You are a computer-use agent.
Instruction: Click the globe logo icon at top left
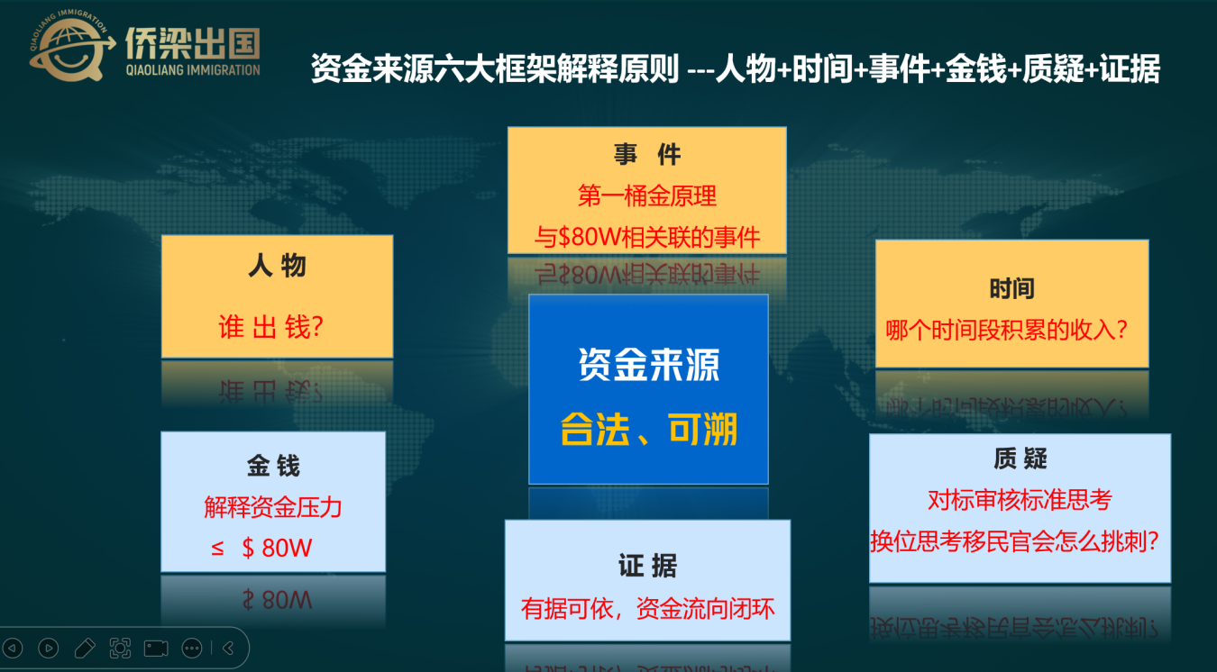70,48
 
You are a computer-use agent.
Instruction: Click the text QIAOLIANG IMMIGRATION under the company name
193,70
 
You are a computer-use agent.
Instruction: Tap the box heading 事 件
647,155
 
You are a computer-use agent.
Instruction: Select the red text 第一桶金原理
646,195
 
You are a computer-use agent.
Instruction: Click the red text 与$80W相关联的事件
646,237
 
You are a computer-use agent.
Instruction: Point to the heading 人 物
277,266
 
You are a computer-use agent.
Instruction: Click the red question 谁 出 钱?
271,327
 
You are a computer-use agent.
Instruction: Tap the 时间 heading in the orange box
1011,288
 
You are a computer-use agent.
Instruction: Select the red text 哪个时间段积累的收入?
1006,330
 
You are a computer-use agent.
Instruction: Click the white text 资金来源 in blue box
649,365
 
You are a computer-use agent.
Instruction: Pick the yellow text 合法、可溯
649,429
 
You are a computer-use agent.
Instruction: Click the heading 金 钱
273,466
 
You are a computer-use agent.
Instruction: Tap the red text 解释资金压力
273,507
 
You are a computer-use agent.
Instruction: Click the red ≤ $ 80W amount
261,548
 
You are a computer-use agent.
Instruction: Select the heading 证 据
647,566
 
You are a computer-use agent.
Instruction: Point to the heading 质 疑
1020,459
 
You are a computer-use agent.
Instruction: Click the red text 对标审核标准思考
1020,500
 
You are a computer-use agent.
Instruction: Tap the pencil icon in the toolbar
84,648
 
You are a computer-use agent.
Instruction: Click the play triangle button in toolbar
49,648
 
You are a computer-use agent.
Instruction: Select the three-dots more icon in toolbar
192,648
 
